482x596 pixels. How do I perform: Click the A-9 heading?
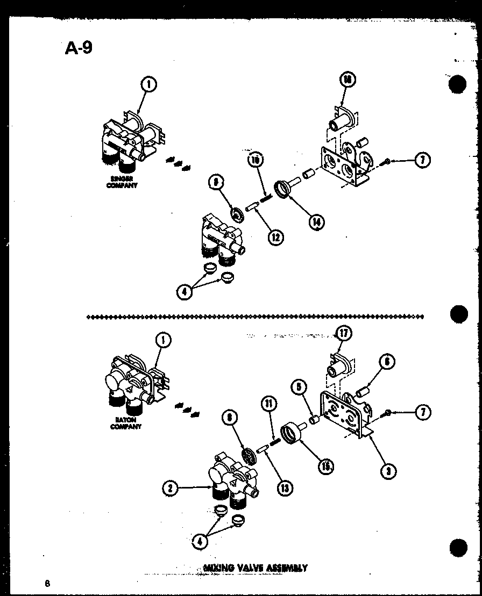click(79, 49)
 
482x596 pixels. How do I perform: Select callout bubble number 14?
click(317, 220)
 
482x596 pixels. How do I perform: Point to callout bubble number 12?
click(277, 236)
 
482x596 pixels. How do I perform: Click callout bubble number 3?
click(387, 471)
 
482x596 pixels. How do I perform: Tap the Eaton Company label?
click(125, 423)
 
